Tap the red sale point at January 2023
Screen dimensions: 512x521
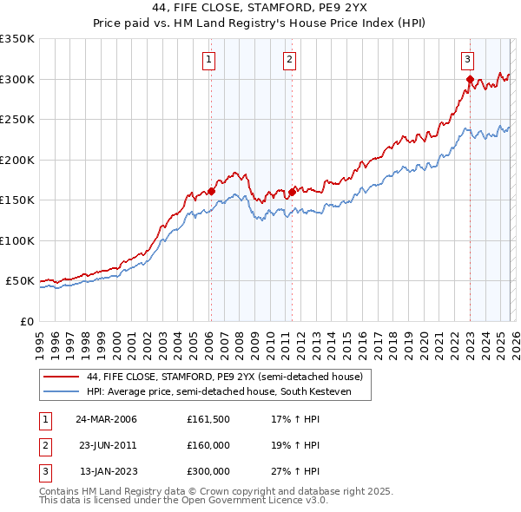(470, 80)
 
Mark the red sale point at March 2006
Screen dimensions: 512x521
(211, 192)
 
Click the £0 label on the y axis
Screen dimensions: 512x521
(28, 322)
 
